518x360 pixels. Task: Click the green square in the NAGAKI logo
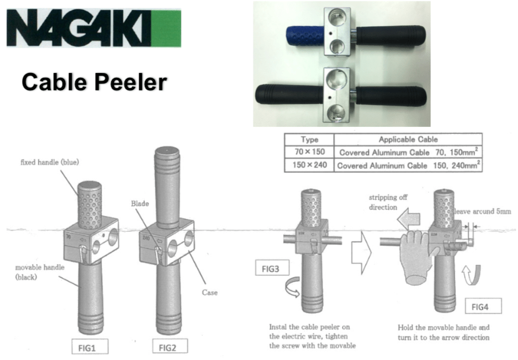click(166, 28)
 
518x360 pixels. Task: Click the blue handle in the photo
click(305, 36)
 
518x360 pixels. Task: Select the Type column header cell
click(309, 139)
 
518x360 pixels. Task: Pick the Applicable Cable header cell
click(408, 139)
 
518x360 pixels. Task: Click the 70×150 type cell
click(309, 152)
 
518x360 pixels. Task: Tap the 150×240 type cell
click(309, 165)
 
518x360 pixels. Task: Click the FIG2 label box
click(170, 347)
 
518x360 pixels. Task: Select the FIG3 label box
click(272, 268)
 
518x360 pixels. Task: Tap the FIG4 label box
click(483, 306)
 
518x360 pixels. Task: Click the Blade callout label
click(140, 203)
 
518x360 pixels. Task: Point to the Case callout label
click(210, 293)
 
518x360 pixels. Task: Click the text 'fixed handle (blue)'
click(49, 162)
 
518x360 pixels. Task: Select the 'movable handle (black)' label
click(39, 272)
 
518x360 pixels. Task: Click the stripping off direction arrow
click(408, 219)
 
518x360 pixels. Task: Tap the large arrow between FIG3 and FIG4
click(361, 252)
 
